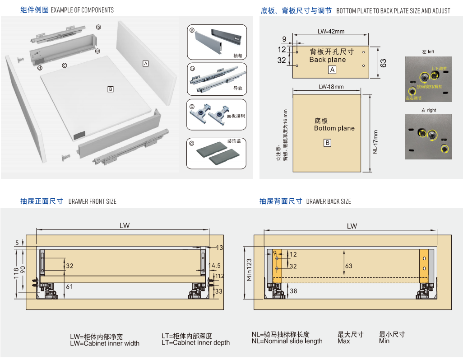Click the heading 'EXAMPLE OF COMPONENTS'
pyautogui.click(x=82, y=10)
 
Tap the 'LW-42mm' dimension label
pyautogui.click(x=331, y=31)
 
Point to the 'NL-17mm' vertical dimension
pyautogui.click(x=375, y=142)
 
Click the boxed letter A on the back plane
pyautogui.click(x=332, y=70)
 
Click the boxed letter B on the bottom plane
pyautogui.click(x=328, y=143)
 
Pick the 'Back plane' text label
pyautogui.click(x=327, y=60)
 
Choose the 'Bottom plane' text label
pyautogui.click(x=334, y=128)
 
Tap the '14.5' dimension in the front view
pyautogui.click(x=215, y=266)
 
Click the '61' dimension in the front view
pyautogui.click(x=69, y=286)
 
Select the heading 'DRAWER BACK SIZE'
pyautogui.click(x=328, y=201)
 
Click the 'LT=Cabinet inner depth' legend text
pyautogui.click(x=195, y=343)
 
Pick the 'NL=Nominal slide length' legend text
pyautogui.click(x=287, y=341)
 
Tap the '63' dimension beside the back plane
pyautogui.click(x=383, y=63)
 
